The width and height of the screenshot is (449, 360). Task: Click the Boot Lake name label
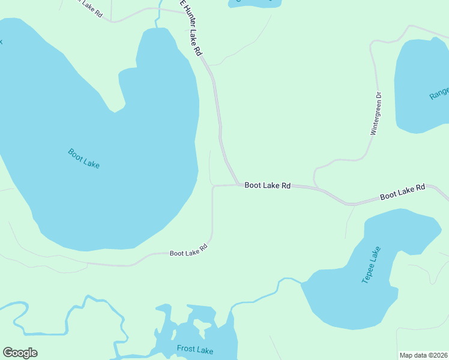click(x=84, y=158)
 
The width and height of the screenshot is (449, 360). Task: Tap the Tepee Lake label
click(x=372, y=265)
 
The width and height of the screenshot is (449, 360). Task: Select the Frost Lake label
click(x=194, y=349)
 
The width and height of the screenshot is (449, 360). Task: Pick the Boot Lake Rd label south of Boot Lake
click(x=188, y=250)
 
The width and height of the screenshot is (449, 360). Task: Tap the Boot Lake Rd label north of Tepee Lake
click(x=402, y=192)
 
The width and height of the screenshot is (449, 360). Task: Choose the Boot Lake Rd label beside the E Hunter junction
click(x=267, y=186)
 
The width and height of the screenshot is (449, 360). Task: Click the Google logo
click(x=20, y=353)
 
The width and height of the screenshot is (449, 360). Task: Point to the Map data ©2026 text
click(x=423, y=355)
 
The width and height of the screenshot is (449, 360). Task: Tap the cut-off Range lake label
click(x=439, y=94)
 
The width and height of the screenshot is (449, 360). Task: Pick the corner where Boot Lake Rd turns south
click(x=214, y=187)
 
